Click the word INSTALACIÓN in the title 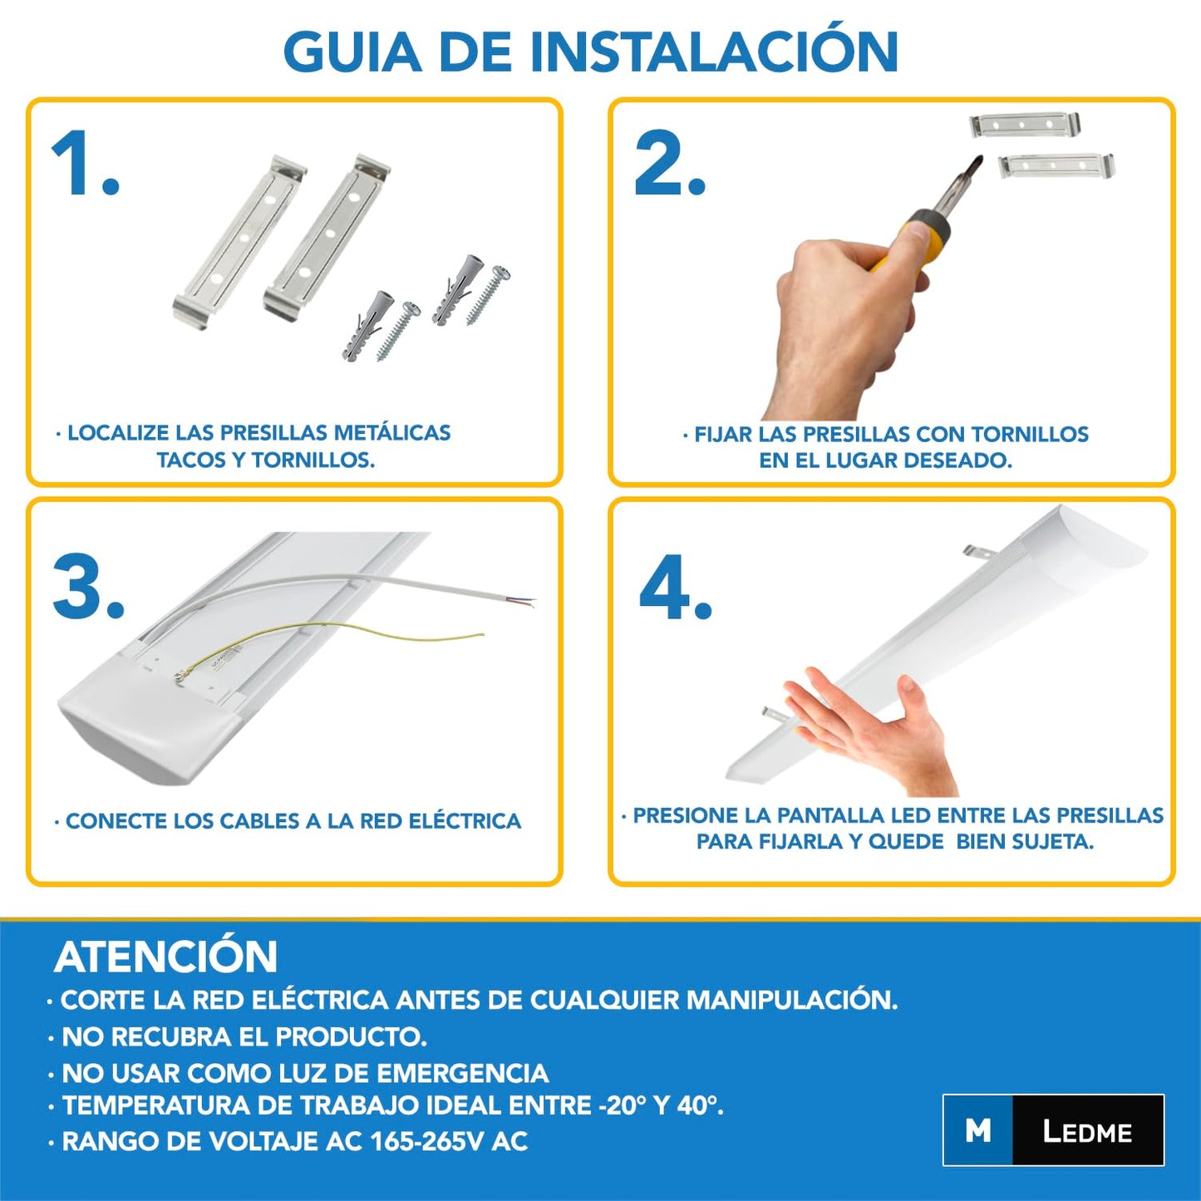pyautogui.click(x=714, y=52)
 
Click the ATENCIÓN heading pyautogui.click(x=165, y=957)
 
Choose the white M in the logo pyautogui.click(x=978, y=1131)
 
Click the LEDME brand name pyautogui.click(x=1087, y=1131)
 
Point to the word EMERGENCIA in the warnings pyautogui.click(x=462, y=1073)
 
